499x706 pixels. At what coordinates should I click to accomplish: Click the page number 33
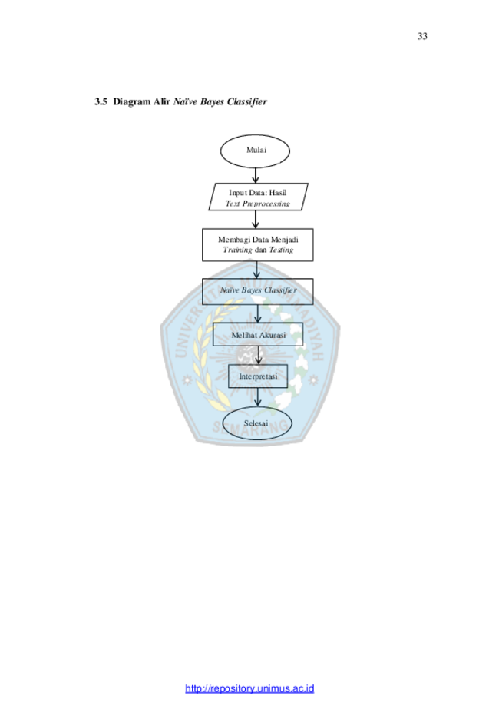click(422, 36)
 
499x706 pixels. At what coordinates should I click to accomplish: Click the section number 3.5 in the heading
click(101, 101)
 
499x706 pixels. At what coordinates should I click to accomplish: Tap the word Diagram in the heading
click(132, 102)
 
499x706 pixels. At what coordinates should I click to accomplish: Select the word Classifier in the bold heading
click(247, 101)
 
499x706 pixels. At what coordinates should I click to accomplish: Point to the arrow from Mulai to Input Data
click(256, 175)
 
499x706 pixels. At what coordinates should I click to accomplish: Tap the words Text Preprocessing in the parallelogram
click(258, 204)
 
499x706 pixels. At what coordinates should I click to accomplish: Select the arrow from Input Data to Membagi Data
click(256, 219)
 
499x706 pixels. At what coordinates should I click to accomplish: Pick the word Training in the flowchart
click(237, 250)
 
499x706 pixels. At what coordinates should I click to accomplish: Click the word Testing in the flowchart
click(281, 250)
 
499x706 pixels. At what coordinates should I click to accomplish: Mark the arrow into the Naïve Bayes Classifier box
click(256, 270)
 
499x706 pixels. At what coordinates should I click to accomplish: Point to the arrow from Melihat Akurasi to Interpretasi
click(258, 355)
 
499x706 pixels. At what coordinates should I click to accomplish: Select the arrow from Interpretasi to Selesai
click(258, 397)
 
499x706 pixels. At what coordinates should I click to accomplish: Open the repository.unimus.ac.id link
click(249, 688)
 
